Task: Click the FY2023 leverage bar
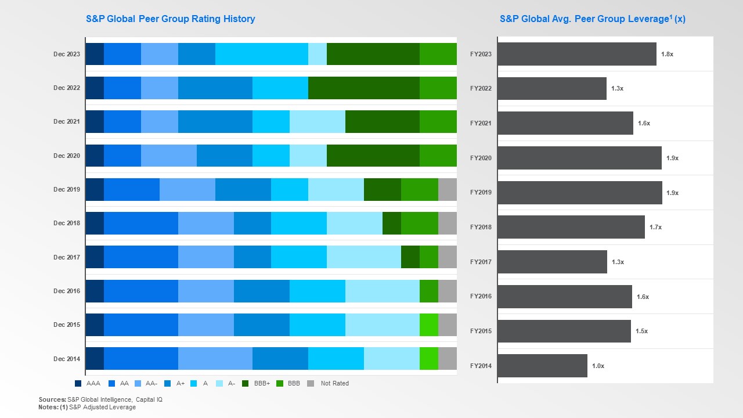coord(576,54)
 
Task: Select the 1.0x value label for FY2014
coord(598,366)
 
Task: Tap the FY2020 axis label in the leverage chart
coord(481,158)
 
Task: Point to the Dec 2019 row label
coord(67,189)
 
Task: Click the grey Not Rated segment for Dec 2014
coord(447,359)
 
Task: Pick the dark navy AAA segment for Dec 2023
coord(95,54)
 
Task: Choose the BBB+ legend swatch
coord(246,383)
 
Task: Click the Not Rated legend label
coord(334,383)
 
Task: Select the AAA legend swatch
coord(78,383)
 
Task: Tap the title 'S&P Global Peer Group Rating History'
coord(171,19)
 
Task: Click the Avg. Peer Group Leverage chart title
coord(592,19)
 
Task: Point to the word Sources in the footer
coord(52,399)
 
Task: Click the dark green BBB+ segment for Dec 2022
coord(363,88)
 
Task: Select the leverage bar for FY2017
coord(552,262)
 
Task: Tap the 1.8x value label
coord(667,54)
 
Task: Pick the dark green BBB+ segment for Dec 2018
coord(391,223)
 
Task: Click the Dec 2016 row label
coord(67,291)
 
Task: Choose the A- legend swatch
coord(219,383)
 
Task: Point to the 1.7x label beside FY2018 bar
coord(655,227)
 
